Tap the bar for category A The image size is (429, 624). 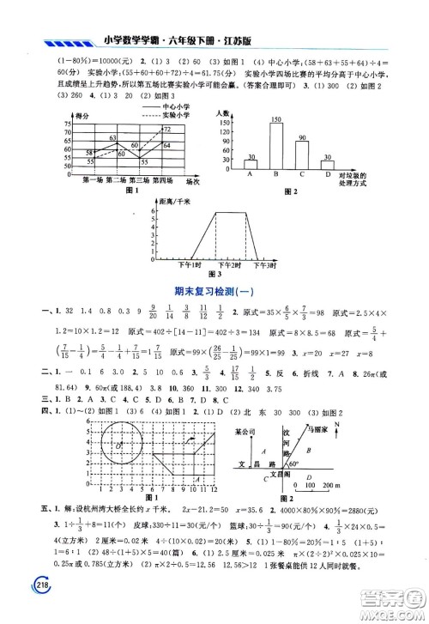251,165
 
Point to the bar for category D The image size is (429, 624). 328,165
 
